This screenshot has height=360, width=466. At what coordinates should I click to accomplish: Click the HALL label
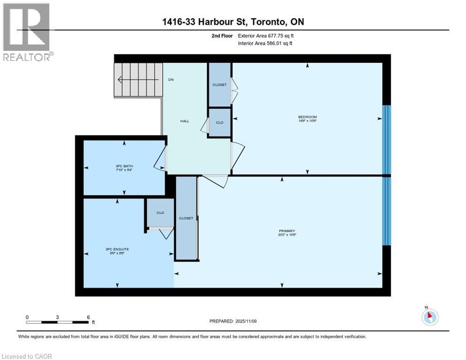[185, 121]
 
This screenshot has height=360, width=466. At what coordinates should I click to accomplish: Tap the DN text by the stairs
[171, 80]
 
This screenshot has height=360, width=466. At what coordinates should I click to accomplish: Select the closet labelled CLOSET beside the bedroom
[219, 85]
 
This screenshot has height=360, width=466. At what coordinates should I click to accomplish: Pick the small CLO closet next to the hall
[219, 122]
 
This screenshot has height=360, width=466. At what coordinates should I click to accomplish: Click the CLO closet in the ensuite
[160, 212]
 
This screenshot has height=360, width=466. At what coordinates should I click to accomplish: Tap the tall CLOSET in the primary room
[186, 218]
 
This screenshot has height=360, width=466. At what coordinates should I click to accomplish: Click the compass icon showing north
[429, 316]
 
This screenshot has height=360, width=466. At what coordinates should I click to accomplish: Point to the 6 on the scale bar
[89, 317]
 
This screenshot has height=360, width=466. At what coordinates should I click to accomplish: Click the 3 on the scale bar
[57, 317]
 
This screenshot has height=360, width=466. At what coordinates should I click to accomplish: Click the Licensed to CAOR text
[27, 356]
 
